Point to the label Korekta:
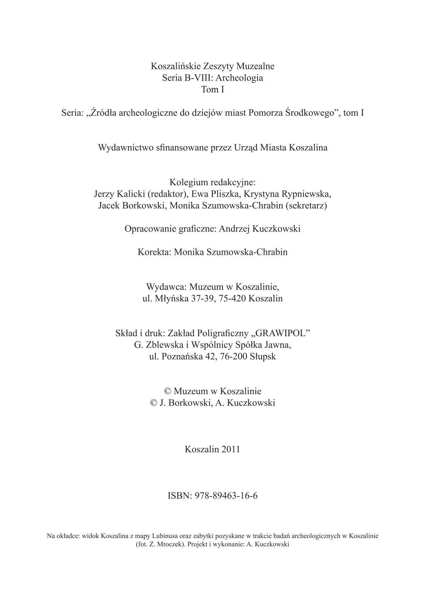[x=154, y=252]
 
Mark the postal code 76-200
[x=232, y=356]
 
